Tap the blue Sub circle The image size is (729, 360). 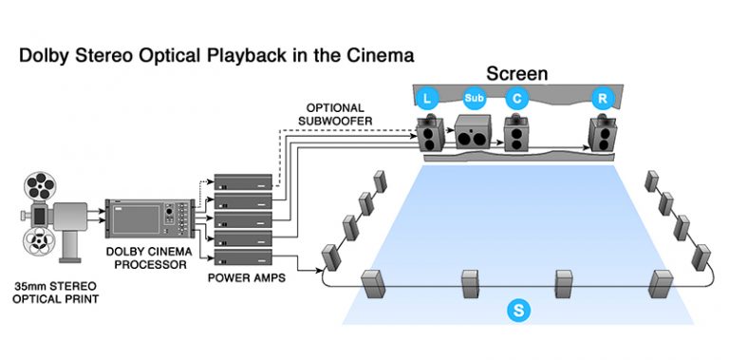[x=474, y=97]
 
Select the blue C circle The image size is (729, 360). [x=516, y=97]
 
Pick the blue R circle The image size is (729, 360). [x=601, y=97]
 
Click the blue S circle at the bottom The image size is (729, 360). [x=516, y=310]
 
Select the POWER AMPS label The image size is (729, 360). [x=246, y=280]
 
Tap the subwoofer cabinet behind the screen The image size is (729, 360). [x=475, y=134]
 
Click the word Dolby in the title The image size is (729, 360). [x=47, y=56]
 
